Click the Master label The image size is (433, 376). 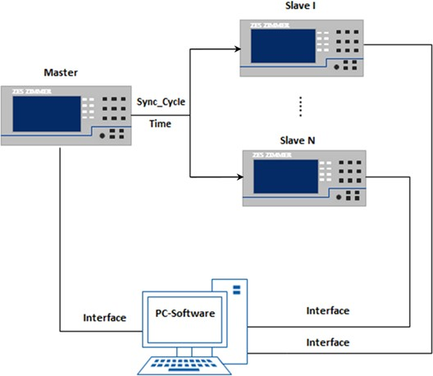pos(61,72)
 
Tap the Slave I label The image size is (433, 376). pos(300,6)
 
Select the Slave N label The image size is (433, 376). pos(298,140)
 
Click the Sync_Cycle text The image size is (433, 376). pos(161,102)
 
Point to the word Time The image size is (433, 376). pos(160,124)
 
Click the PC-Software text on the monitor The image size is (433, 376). pos(185,314)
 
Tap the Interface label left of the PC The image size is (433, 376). pos(105,318)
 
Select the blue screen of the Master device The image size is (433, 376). pos(47,114)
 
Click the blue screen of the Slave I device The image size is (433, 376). pos(283,46)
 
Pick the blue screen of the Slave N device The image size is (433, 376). pos(286,177)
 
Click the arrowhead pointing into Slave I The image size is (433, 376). pos(238,49)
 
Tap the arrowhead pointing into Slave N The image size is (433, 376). pos(239,177)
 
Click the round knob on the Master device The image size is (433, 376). pos(103,136)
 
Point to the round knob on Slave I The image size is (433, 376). pos(336,66)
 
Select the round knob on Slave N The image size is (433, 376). pos(339,197)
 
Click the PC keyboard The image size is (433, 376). pos(185,365)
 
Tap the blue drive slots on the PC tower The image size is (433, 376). pos(237,290)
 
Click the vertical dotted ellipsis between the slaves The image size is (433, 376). pos(300,107)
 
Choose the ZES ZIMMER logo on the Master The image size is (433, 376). pos(31,91)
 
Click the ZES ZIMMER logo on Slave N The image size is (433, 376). pos(271,155)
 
